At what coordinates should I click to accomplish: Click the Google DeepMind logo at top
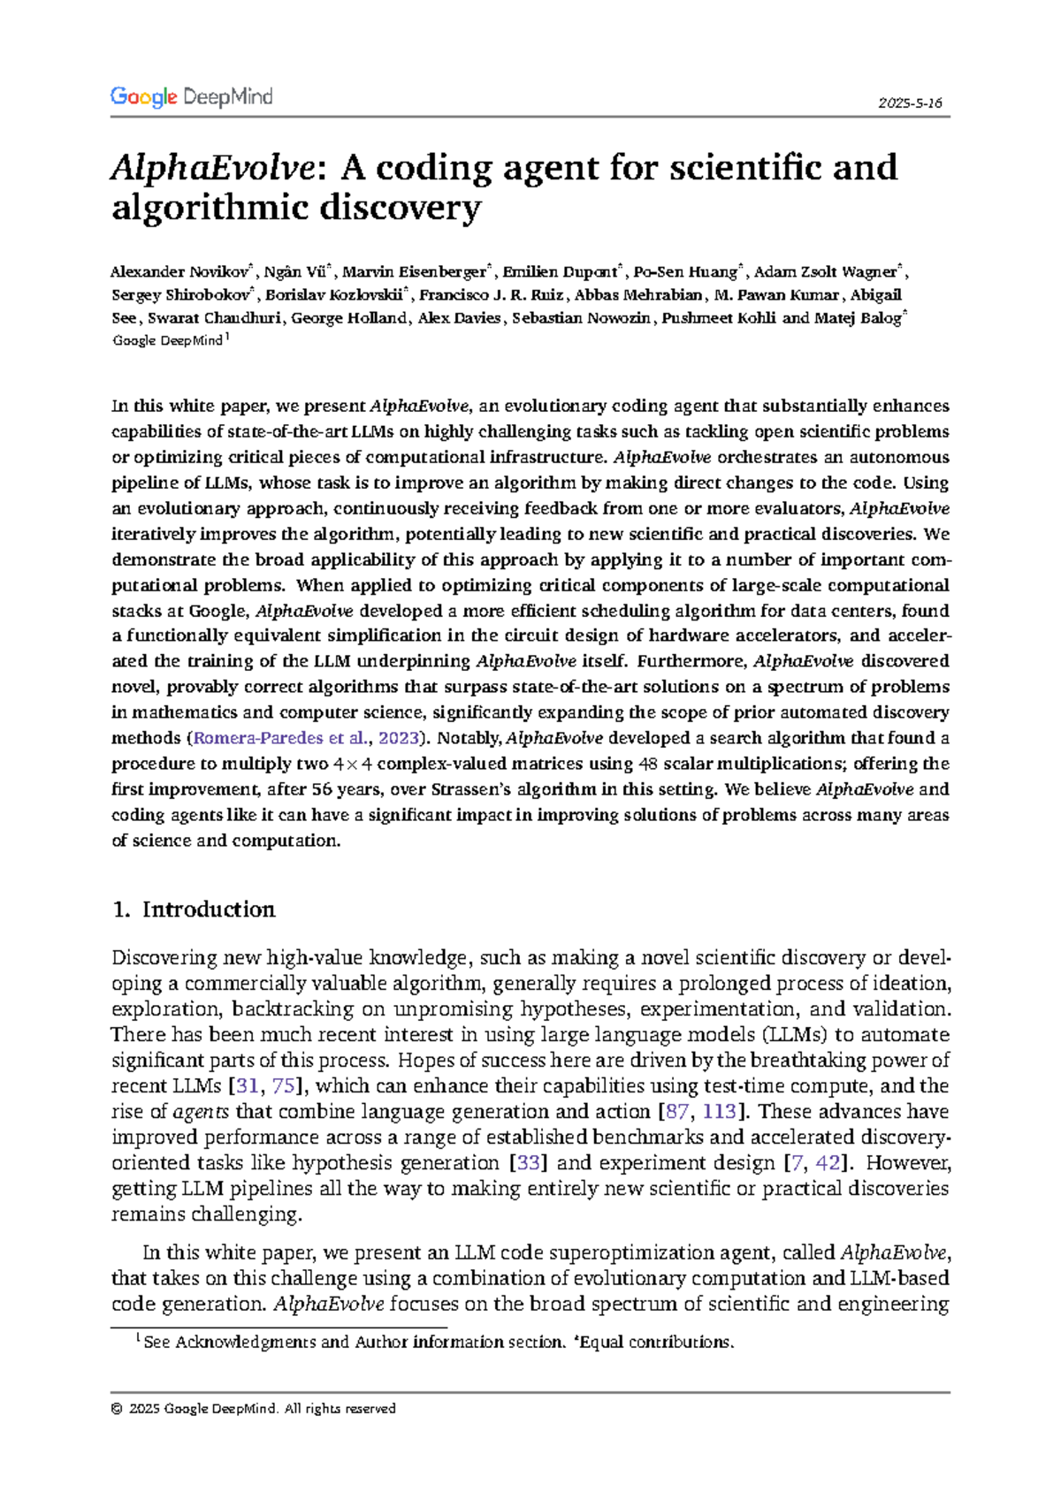coord(191,97)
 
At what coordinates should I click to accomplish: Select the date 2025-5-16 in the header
coord(910,103)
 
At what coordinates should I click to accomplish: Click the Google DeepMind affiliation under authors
coord(168,341)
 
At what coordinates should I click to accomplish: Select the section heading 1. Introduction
coord(194,909)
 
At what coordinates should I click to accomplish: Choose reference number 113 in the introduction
coord(718,1112)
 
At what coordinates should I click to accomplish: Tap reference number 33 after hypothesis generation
coord(528,1163)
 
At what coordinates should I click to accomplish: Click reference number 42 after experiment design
coord(828,1163)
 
